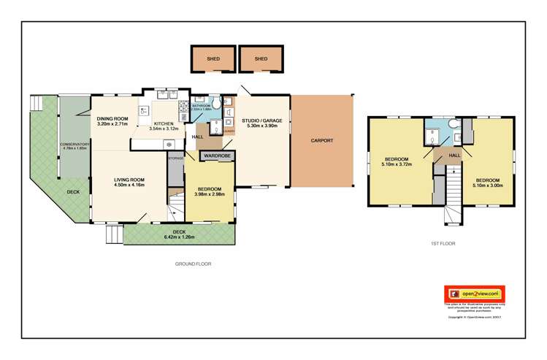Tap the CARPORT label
(x=321, y=139)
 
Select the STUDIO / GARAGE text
(x=261, y=120)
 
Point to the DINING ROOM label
(x=112, y=119)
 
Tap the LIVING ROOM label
(x=129, y=180)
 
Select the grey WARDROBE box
(x=217, y=156)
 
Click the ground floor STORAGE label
(x=175, y=158)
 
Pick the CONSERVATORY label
(x=75, y=145)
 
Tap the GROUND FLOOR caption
(x=193, y=264)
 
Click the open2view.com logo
(x=475, y=294)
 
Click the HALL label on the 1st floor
(x=454, y=155)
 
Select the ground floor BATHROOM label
(x=201, y=106)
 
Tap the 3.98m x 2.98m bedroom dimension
(x=210, y=195)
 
